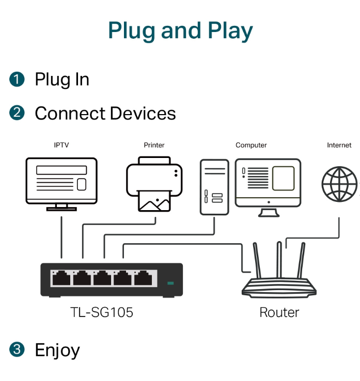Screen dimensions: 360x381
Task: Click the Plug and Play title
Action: [x=180, y=31]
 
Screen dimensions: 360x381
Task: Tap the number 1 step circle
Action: [x=17, y=79]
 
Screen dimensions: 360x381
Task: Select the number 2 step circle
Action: [x=17, y=113]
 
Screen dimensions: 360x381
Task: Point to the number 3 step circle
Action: [x=17, y=350]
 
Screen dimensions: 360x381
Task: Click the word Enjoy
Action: [x=57, y=351]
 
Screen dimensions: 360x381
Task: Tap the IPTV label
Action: [x=61, y=145]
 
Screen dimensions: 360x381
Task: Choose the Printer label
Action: [x=154, y=145]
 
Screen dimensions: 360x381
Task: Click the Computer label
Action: [x=251, y=145]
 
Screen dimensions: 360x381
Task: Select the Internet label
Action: [x=339, y=145]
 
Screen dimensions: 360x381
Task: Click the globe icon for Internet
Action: [x=339, y=184]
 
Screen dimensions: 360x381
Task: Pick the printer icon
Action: [x=154, y=184]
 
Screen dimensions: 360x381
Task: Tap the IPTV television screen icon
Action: [x=61, y=184]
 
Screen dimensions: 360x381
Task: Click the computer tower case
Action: [x=214, y=187]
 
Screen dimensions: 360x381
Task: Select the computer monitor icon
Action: [x=268, y=187]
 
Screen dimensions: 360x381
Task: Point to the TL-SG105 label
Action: [x=102, y=312]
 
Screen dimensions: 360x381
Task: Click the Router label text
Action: [x=279, y=312]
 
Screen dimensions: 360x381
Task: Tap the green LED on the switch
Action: [x=170, y=283]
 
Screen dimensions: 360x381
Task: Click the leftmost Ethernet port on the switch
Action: [x=61, y=278]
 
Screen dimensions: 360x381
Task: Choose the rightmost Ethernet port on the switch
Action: [x=143, y=278]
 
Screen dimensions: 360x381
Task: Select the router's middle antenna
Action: [x=279, y=260]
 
